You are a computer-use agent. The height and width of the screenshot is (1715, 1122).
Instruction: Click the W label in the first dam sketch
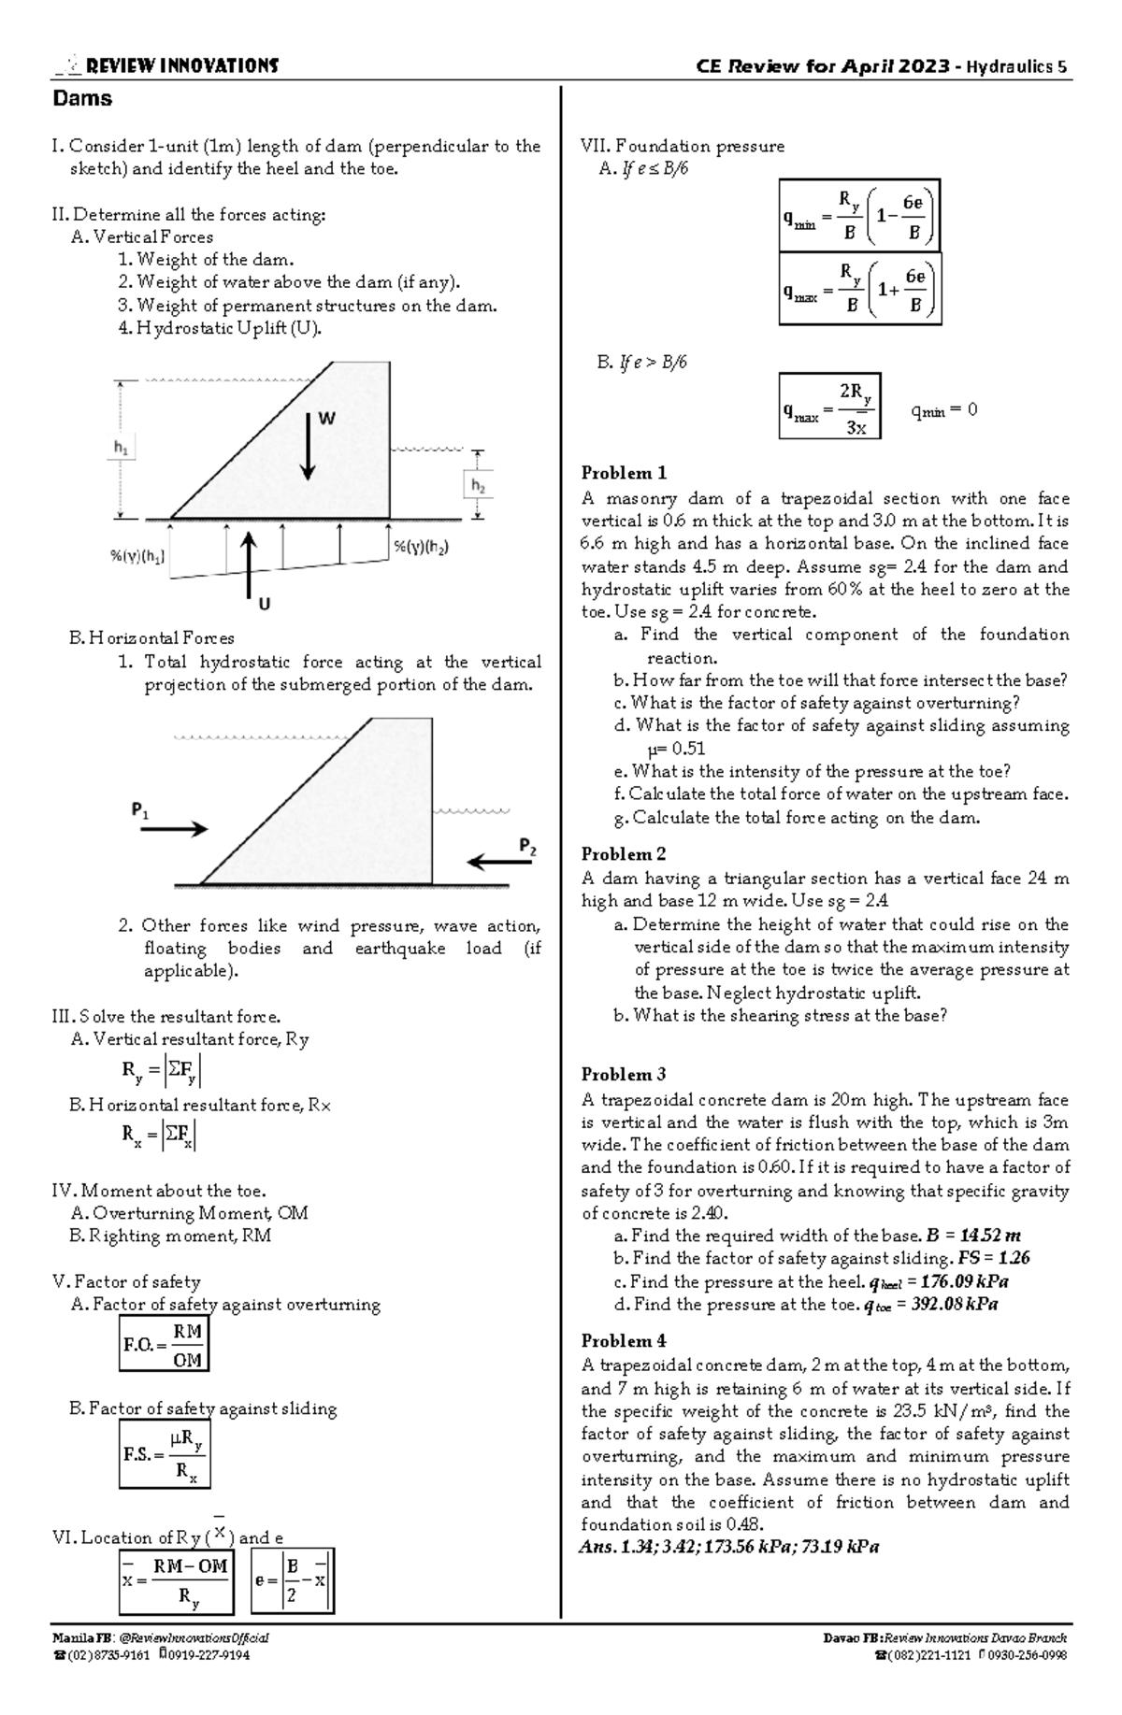pos(326,420)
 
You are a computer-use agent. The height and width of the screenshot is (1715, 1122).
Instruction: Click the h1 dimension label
pos(122,449)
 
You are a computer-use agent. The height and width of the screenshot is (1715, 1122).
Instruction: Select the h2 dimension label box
pos(478,486)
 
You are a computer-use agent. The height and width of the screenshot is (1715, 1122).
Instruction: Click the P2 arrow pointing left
pos(498,862)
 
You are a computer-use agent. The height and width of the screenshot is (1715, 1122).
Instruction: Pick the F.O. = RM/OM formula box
pos(164,1344)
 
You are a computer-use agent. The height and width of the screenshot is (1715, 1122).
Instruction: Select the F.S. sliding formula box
pos(165,1455)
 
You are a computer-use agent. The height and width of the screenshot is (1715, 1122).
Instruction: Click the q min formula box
pos(859,216)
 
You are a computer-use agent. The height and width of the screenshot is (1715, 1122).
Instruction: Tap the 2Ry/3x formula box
pos(829,406)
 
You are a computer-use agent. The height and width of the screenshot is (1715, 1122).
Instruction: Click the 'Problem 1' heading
pos(624,473)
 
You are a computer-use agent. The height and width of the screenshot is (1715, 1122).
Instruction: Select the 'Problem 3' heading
pos(624,1075)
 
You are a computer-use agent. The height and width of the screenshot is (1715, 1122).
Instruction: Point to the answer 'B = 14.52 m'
pos(973,1236)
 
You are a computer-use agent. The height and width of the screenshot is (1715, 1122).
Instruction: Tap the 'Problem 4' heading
pos(624,1341)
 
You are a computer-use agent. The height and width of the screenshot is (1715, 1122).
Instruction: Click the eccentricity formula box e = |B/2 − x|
pos(293,1581)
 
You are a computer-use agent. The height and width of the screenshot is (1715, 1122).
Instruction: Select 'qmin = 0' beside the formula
pos(943,410)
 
